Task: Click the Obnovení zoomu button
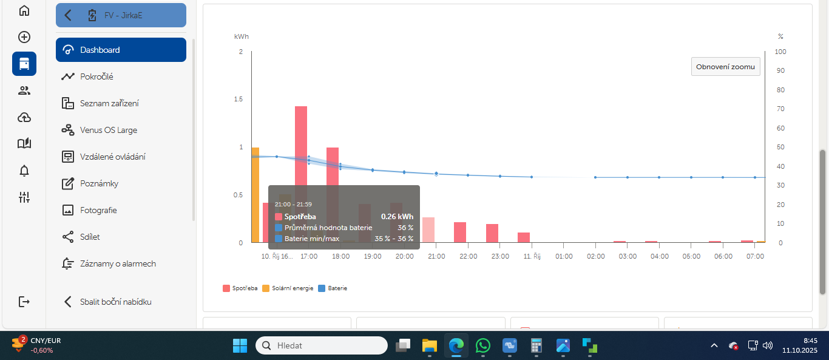pos(725,67)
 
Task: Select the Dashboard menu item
pos(121,50)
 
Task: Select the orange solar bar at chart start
pos(255,195)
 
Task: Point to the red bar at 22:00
pos(460,233)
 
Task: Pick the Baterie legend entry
pos(333,288)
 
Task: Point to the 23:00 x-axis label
pos(500,256)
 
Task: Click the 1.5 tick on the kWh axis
pos(239,99)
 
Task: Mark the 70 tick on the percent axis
pos(780,109)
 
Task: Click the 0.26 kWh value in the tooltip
pos(397,217)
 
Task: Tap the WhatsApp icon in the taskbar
pos(483,345)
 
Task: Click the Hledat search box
pos(321,345)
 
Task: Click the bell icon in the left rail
pos(24,171)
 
